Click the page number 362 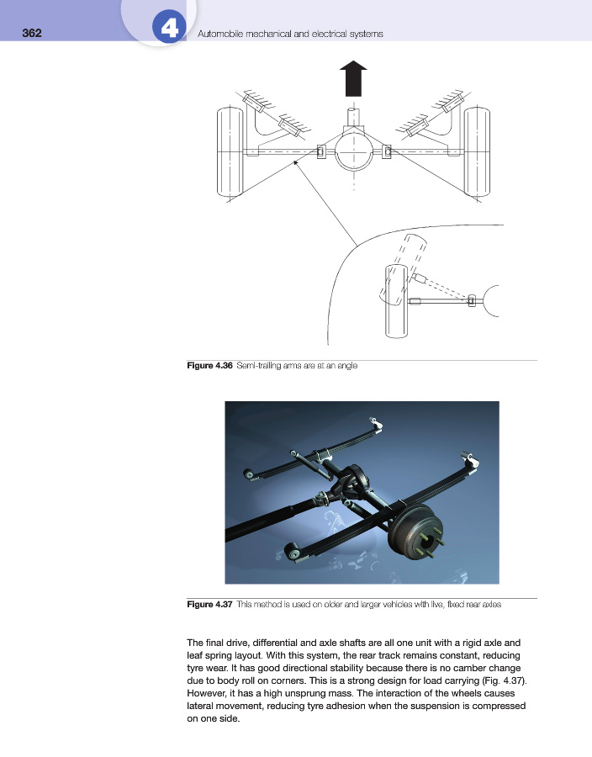point(31,34)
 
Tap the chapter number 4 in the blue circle point(169,31)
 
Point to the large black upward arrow point(354,80)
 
